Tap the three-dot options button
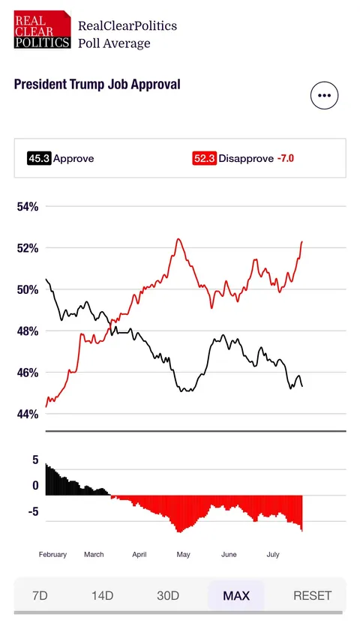pyautogui.click(x=324, y=95)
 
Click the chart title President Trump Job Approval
pyautogui.click(x=97, y=84)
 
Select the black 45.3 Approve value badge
pyautogui.click(x=39, y=158)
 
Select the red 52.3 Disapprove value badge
pyautogui.click(x=204, y=158)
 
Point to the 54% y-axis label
pyautogui.click(x=28, y=206)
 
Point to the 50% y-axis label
pyautogui.click(x=28, y=289)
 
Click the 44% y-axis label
pyautogui.click(x=28, y=414)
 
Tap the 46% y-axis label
pyautogui.click(x=28, y=373)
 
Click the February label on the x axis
pyautogui.click(x=52, y=555)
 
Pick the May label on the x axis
pyautogui.click(x=183, y=555)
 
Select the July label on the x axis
pyautogui.click(x=273, y=555)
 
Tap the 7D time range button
pyautogui.click(x=40, y=596)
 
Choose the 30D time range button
pyautogui.click(x=168, y=596)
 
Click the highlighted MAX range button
pyautogui.click(x=236, y=596)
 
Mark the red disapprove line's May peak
pyautogui.click(x=178, y=239)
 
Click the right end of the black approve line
pyautogui.click(x=302, y=386)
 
